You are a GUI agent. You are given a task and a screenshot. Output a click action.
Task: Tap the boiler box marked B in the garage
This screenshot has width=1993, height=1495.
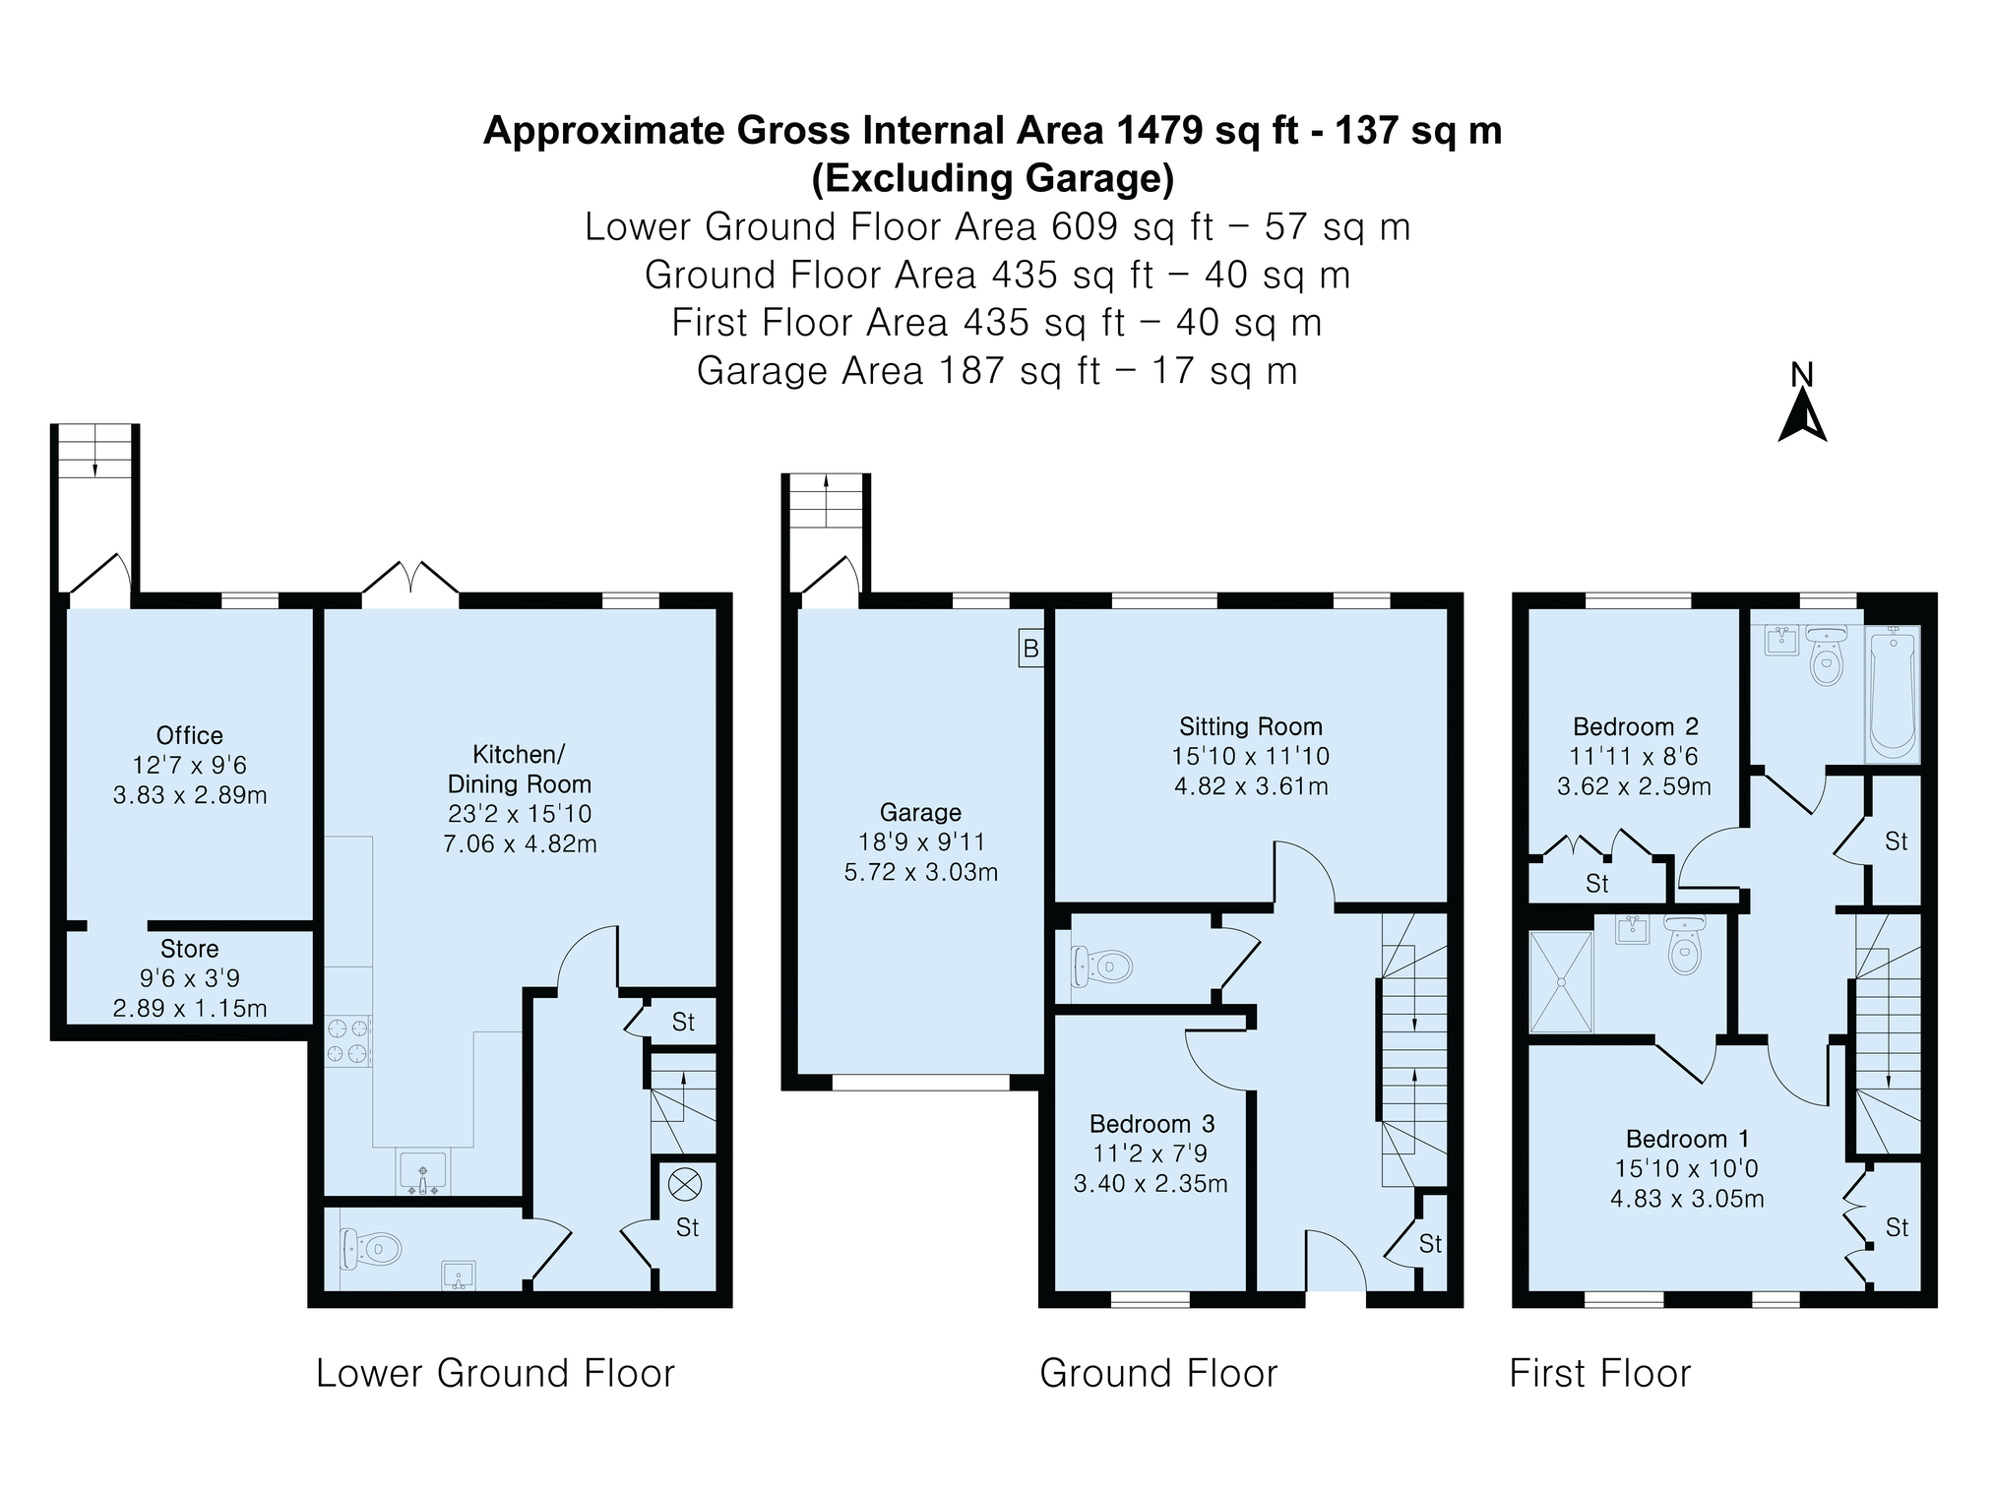tap(1030, 649)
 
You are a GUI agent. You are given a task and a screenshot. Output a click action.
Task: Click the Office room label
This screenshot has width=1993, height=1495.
tap(190, 735)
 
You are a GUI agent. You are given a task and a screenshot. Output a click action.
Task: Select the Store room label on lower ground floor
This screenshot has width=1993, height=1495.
tap(190, 949)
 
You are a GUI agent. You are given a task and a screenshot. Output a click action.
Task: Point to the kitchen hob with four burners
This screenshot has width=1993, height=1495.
tap(348, 1041)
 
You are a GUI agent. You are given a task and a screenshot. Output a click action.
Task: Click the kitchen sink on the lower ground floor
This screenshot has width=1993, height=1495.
tap(423, 1171)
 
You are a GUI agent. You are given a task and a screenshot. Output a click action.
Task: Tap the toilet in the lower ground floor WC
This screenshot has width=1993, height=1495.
tap(371, 1249)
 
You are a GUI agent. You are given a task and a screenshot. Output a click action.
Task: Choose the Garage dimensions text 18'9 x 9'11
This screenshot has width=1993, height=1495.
tap(920, 842)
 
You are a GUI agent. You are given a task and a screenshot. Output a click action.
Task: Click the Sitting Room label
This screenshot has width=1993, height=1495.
tap(1251, 727)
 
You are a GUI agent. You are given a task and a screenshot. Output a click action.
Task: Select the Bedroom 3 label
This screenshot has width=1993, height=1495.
tap(1152, 1124)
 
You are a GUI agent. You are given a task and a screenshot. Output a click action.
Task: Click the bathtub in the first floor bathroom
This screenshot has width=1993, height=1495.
tap(1893, 694)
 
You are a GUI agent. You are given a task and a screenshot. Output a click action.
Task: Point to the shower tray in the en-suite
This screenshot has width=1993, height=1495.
tap(1561, 982)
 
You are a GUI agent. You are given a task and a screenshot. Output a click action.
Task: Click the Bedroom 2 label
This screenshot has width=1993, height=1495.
tap(1636, 727)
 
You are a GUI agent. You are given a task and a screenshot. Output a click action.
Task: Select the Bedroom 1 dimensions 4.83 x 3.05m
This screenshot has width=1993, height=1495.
tap(1687, 1199)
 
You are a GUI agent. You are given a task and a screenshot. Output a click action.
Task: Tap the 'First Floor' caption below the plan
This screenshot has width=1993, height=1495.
tap(1600, 1373)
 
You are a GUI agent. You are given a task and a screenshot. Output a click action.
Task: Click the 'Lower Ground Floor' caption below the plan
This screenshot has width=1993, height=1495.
tap(495, 1373)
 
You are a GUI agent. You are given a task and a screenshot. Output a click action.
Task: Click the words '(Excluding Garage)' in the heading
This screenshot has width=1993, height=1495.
tap(993, 178)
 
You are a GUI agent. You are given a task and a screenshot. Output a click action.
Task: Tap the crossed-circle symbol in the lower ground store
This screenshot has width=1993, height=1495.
tap(684, 1184)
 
